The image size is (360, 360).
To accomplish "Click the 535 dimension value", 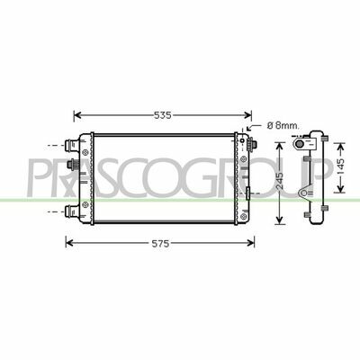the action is [x=162, y=115].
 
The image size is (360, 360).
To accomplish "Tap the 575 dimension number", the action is [x=160, y=244].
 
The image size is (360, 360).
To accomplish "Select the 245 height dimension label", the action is [x=280, y=181].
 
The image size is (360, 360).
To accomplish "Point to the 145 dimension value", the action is [x=340, y=167].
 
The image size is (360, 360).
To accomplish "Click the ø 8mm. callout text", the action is [x=283, y=126].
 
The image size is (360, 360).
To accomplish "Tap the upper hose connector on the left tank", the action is [x=72, y=146].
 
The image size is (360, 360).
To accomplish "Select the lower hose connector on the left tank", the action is [x=72, y=211].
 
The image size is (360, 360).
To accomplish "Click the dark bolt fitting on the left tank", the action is [x=73, y=164].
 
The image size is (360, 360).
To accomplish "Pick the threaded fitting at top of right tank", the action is [x=251, y=145].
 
